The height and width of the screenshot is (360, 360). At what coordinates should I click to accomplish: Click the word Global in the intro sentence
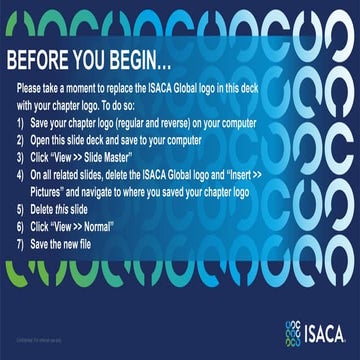point(231,90)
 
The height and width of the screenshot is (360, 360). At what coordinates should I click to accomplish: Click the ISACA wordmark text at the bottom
point(324,328)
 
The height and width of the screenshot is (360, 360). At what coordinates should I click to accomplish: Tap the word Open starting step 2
point(49,139)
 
